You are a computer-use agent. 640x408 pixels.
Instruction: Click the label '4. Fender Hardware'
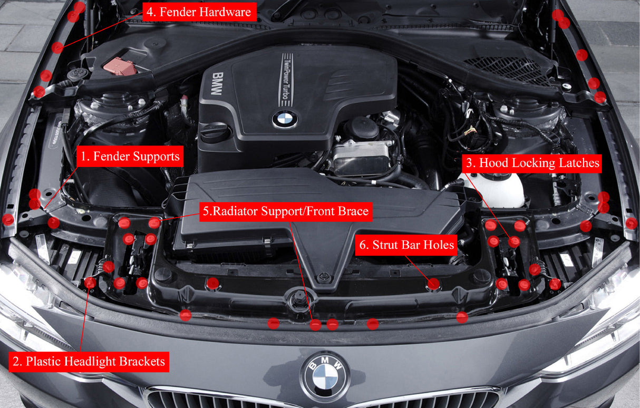pos(199,12)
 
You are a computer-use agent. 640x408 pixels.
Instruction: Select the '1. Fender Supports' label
pos(130,157)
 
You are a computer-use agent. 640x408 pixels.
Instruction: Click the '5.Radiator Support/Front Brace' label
pos(286,211)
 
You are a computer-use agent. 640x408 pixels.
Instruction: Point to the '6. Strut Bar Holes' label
pos(406,245)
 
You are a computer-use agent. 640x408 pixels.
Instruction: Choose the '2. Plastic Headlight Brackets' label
pos(89,362)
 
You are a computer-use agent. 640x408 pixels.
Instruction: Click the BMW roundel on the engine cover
pos(285,119)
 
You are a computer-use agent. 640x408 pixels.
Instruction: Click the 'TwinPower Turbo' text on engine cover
pos(286,79)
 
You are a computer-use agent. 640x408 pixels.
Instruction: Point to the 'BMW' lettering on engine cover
pos(216,84)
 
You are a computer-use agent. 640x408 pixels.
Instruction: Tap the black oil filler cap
pos(215,132)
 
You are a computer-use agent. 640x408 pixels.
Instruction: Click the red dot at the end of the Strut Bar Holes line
pos(433,284)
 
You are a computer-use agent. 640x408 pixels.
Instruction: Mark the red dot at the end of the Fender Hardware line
pos(57,47)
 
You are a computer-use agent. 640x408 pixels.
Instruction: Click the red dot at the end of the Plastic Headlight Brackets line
pos(90,283)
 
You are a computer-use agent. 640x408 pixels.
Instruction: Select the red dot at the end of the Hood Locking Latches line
pos(514,242)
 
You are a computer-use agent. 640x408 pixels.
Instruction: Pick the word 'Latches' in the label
pos(578,163)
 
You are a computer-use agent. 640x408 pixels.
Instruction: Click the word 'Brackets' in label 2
pos(141,362)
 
